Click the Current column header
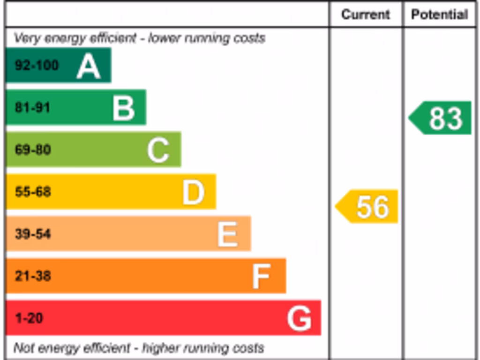tap(365, 15)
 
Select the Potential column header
tap(439, 15)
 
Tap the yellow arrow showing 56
tap(367, 206)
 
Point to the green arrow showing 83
tap(441, 118)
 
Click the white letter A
tap(89, 66)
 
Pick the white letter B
tap(124, 108)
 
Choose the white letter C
tap(158, 150)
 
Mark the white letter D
tap(193, 192)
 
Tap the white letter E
tap(228, 234)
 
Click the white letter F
tap(262, 276)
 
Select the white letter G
tap(299, 318)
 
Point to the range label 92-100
tap(37, 65)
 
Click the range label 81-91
tap(32, 107)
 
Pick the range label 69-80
tap(33, 150)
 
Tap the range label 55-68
tap(33, 192)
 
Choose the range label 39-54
tap(33, 234)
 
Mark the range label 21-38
tap(33, 276)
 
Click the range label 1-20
tap(29, 318)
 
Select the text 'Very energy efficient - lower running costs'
tap(139, 38)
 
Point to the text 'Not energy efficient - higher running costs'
tap(139, 348)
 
